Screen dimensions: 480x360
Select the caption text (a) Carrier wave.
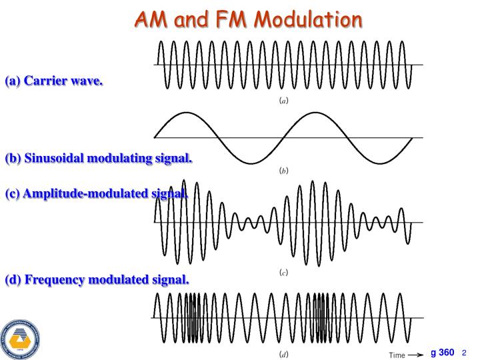coord(54,82)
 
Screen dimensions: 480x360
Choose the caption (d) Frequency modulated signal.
coord(97,279)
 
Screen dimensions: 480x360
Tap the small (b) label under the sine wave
coord(283,171)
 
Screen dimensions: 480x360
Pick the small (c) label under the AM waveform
coord(283,273)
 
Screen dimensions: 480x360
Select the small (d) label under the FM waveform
coord(283,353)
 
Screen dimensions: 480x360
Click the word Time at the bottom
coord(397,354)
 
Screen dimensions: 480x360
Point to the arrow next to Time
coord(417,354)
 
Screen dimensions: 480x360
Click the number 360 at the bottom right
coord(446,352)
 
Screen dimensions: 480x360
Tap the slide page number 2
coord(464,353)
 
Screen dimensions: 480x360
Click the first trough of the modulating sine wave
coord(251,163)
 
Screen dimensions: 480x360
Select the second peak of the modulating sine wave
coord(317,113)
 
